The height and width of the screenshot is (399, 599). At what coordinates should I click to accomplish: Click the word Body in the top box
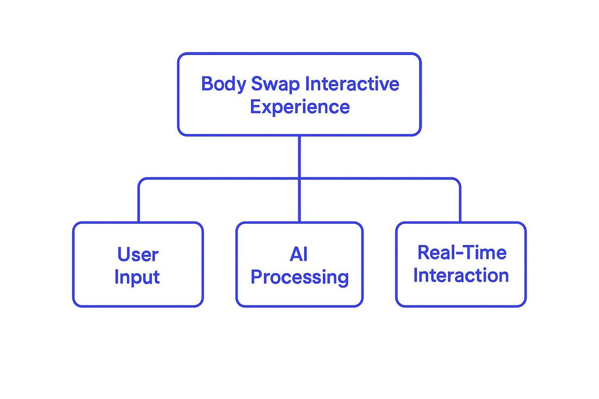click(224, 85)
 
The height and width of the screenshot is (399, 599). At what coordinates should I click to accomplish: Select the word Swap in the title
click(275, 85)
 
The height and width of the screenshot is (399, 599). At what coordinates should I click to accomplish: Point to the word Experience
click(300, 108)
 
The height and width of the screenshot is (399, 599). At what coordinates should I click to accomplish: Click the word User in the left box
click(138, 254)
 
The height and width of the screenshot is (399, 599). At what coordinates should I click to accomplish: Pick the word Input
click(137, 277)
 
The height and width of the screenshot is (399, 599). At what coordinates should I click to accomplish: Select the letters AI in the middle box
click(299, 254)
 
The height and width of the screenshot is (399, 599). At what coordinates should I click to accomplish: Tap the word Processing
click(299, 277)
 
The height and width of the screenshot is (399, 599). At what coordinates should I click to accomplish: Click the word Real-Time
click(462, 252)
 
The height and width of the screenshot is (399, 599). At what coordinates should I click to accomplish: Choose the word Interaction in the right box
click(461, 275)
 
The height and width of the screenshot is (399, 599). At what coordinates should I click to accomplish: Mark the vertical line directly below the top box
click(299, 156)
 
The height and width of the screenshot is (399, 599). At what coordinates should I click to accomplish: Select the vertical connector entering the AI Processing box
click(299, 201)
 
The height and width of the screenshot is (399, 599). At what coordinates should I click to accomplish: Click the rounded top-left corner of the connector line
click(141, 180)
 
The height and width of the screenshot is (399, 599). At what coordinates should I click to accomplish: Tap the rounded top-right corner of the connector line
click(458, 180)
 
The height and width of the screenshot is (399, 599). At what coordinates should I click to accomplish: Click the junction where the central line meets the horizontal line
click(299, 178)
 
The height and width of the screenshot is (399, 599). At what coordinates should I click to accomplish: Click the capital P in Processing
click(256, 276)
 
